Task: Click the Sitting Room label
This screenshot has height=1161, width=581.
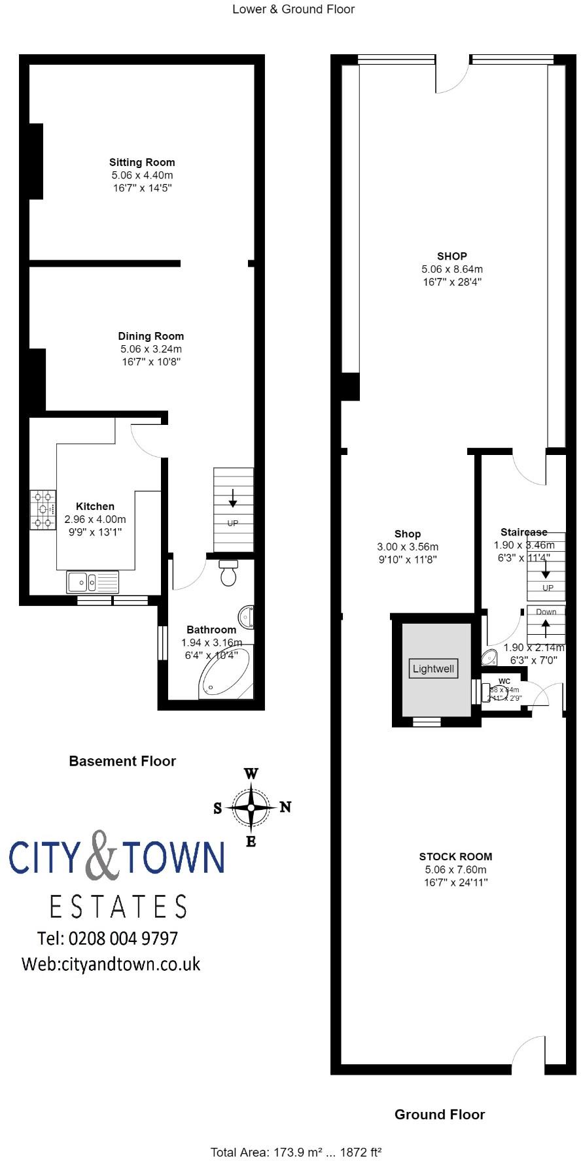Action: click(x=142, y=162)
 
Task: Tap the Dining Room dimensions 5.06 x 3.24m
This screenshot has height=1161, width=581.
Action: click(x=151, y=349)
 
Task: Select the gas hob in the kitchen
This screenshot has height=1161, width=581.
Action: click(x=43, y=510)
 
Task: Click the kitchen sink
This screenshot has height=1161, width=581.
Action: click(x=92, y=581)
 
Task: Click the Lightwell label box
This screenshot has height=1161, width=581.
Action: click(x=433, y=669)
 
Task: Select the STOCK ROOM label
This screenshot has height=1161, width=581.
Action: click(x=455, y=856)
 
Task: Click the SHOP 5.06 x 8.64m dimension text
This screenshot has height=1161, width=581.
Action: click(x=452, y=269)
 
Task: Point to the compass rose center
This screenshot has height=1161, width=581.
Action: click(x=251, y=807)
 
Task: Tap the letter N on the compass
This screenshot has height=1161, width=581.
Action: click(x=285, y=807)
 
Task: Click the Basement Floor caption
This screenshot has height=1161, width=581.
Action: click(x=122, y=761)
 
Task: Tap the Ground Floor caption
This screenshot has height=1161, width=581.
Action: click(x=440, y=1115)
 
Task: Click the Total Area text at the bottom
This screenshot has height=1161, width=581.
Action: click(x=296, y=1152)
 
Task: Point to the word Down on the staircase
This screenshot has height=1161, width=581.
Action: click(x=546, y=612)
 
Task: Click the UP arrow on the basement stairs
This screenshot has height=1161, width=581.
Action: click(x=233, y=501)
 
